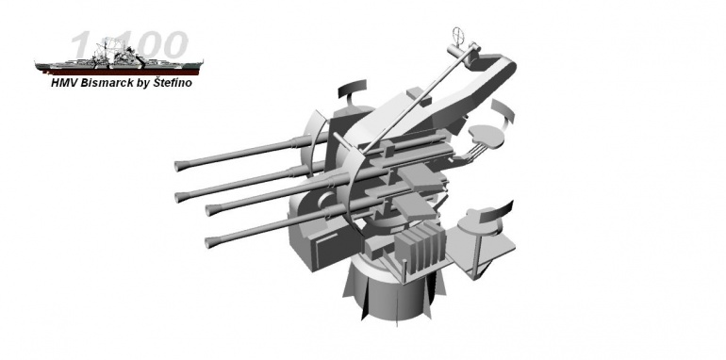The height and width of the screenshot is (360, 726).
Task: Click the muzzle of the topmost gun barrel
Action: [x=177, y=166]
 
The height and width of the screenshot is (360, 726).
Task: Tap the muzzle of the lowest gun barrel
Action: [x=207, y=242]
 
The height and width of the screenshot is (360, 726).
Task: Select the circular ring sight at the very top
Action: [x=458, y=34]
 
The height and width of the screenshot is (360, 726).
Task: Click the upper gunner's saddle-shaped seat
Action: [x=486, y=136]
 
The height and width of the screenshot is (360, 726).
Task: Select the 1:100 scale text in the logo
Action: [x=130, y=45]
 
